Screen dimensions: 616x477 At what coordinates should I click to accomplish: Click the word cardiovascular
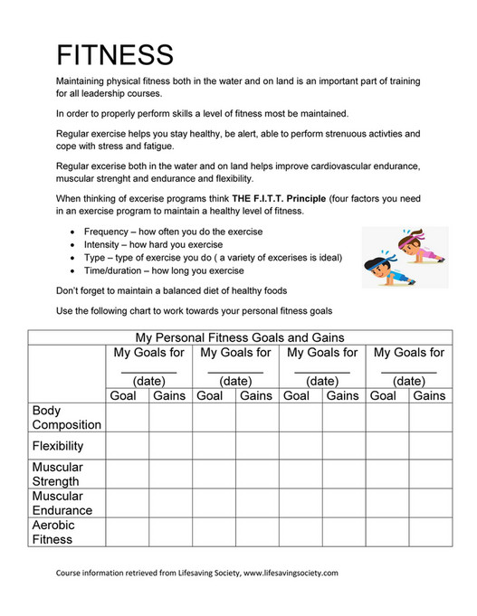point(324,166)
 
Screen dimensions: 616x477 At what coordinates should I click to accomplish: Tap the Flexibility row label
point(58,446)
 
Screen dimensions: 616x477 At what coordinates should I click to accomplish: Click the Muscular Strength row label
point(58,474)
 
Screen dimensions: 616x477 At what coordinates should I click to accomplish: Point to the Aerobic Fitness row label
point(54,532)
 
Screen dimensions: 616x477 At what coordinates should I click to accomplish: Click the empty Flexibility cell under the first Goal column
point(127,446)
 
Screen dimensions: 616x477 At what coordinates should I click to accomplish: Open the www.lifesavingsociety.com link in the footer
point(289,573)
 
